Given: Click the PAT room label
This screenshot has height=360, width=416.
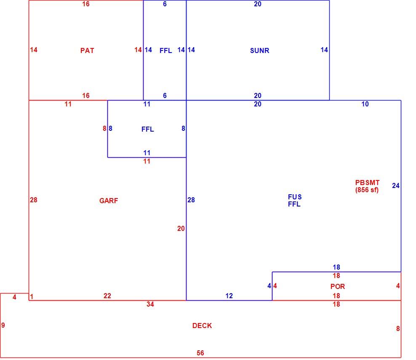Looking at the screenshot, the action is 87,50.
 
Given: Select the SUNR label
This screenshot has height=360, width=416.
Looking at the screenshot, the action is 259,50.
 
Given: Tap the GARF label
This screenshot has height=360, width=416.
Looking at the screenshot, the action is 109,201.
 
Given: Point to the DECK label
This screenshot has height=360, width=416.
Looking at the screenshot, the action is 202,326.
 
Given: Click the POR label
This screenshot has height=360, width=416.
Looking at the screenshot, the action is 337,287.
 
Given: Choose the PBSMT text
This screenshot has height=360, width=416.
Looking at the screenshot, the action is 367,183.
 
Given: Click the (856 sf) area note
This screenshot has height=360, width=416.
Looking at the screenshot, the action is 367,190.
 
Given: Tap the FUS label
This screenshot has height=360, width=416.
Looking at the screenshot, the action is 295,197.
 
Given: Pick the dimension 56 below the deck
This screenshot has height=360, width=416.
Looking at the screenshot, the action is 200,353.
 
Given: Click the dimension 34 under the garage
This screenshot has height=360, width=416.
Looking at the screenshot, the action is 150,304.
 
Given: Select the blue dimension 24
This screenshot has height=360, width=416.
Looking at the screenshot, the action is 395,186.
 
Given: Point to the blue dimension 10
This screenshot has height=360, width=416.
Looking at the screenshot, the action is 365,104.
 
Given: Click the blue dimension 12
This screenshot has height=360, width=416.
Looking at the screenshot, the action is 229,296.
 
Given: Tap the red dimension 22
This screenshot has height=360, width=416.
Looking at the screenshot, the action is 107,296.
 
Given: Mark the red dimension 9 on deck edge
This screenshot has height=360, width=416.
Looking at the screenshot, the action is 3,325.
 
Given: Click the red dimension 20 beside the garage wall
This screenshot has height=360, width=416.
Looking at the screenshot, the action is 181,229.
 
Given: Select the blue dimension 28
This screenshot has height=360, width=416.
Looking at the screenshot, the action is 191,200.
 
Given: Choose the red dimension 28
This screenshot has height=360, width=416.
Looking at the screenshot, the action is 33,200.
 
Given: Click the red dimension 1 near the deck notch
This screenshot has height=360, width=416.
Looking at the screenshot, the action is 32,296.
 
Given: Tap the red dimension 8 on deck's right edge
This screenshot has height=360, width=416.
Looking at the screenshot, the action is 398,329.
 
